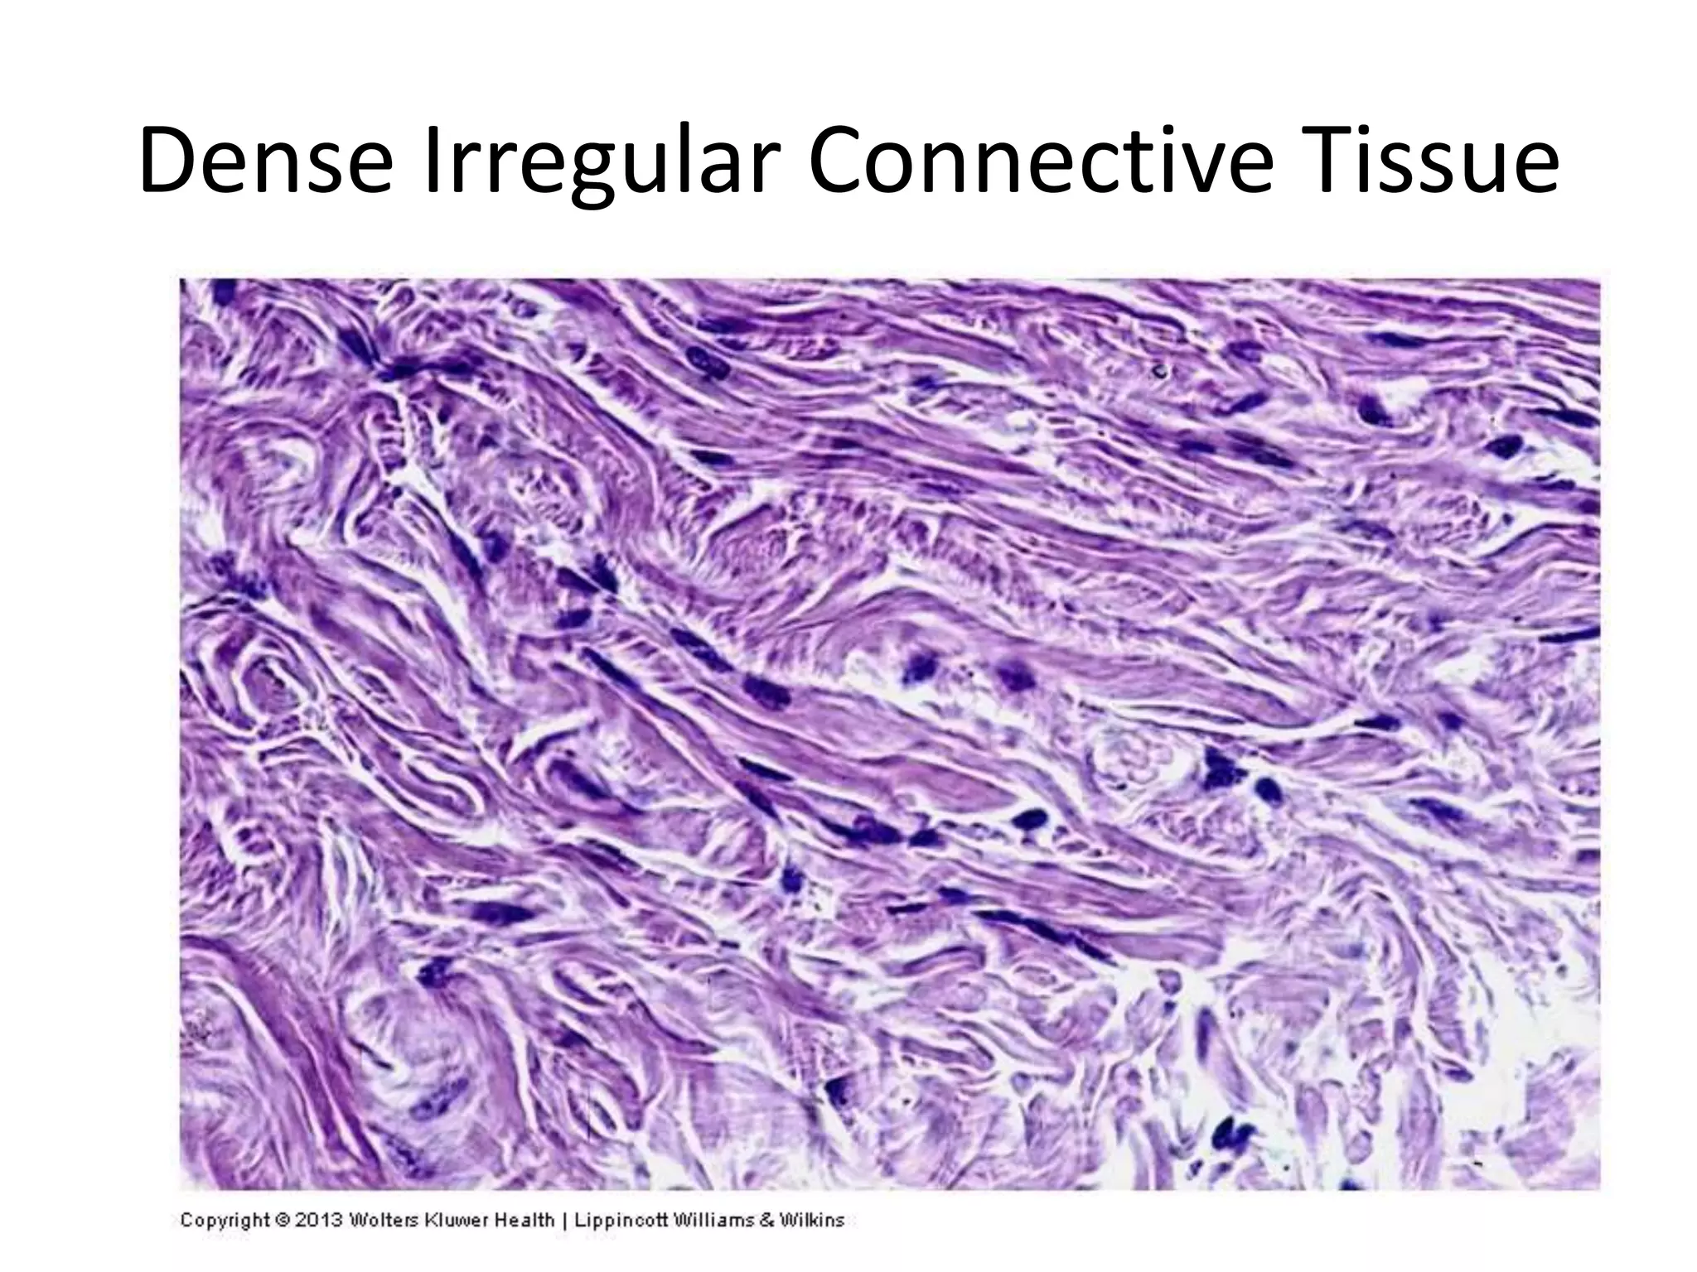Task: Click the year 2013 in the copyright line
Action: point(317,1220)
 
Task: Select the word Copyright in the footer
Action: point(225,1220)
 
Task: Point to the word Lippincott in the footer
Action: point(621,1220)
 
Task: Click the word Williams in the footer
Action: point(716,1220)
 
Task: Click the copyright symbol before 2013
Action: point(282,1221)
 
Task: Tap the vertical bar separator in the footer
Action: point(565,1221)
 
